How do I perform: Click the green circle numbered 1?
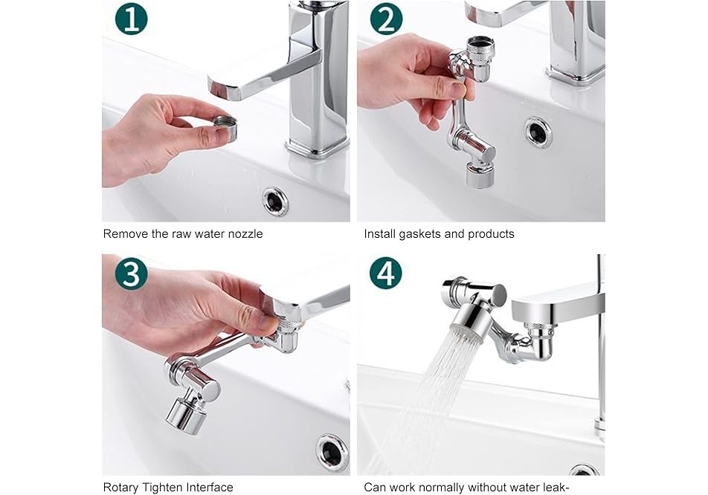tap(132, 19)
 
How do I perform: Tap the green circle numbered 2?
tap(386, 19)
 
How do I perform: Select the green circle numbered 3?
tap(132, 273)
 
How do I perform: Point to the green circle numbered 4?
tap(386, 273)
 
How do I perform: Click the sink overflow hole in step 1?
tap(275, 201)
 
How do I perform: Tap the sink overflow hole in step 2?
tap(538, 132)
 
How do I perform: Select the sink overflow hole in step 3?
tap(332, 451)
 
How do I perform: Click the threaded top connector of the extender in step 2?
tap(480, 48)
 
